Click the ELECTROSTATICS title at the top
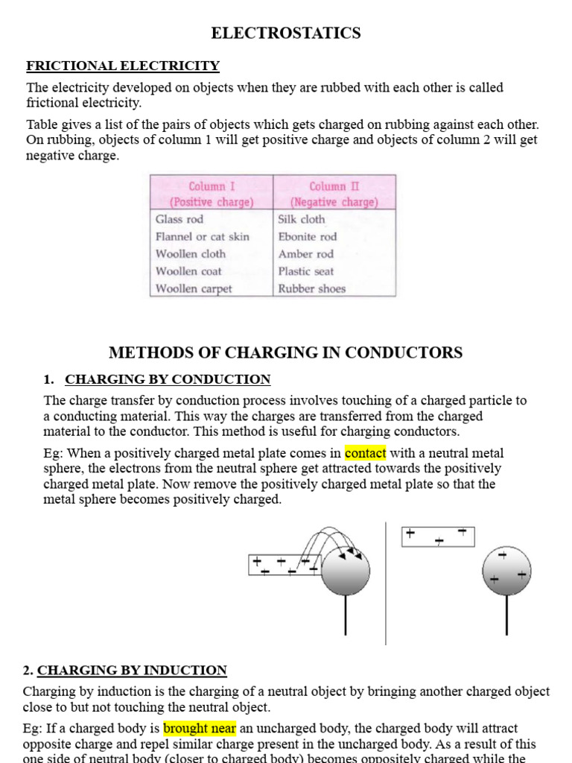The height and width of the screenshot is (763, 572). pos(286,33)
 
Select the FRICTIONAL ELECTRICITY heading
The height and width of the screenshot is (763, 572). pos(123,66)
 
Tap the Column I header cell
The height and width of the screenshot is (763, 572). pos(212,194)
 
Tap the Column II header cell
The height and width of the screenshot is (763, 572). pos(334,194)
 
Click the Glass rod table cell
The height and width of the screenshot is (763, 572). pos(179,219)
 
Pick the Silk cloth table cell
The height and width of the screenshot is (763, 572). pos(302,219)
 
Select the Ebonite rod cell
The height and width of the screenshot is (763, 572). pos(308,236)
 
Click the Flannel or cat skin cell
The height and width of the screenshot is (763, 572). pos(203,236)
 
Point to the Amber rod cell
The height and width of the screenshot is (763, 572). pos(306,254)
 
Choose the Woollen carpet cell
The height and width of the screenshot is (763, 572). pos(194,288)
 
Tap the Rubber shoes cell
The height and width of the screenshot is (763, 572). pos(312,288)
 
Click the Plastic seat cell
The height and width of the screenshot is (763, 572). pos(306,271)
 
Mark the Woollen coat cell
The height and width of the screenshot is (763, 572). pos(188,271)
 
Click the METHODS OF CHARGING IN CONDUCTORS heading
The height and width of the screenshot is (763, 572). pos(286,352)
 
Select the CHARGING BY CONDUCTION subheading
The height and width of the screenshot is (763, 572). pos(168,379)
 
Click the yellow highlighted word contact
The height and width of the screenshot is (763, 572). pos(365,453)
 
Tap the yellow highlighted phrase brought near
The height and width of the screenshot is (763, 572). pos(200,728)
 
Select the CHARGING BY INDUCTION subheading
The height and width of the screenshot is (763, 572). pos(132,670)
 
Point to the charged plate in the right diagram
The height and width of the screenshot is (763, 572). pos(438,536)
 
